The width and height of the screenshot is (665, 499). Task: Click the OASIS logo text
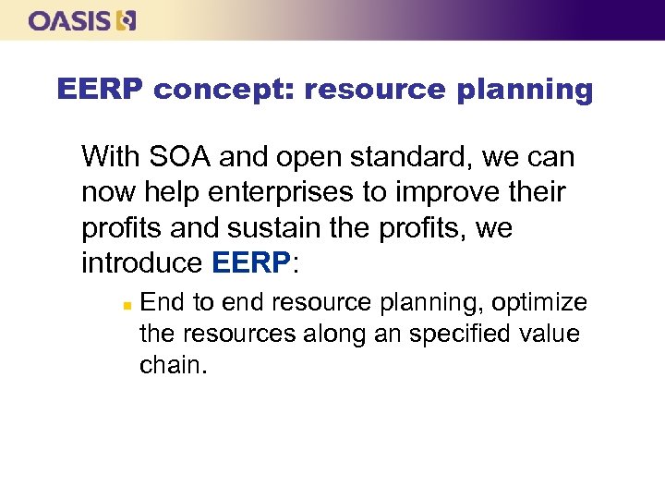coord(70,20)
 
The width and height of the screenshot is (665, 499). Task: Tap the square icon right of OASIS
coord(127,20)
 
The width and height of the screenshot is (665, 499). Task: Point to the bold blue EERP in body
coord(250,263)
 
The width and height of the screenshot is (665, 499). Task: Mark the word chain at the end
coord(172,364)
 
